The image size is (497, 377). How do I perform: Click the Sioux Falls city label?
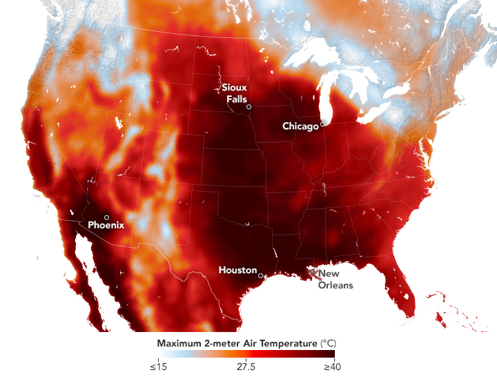pyautogui.click(x=234, y=93)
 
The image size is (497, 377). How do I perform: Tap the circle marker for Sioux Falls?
pyautogui.click(x=249, y=107)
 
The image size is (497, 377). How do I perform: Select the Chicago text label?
pyautogui.click(x=301, y=126)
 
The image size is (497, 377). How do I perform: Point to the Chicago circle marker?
pyautogui.click(x=322, y=125)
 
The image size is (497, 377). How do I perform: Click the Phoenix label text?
pyautogui.click(x=106, y=225)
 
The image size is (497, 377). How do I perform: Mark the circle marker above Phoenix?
pyautogui.click(x=106, y=217)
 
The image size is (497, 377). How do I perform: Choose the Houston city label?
pyautogui.click(x=237, y=270)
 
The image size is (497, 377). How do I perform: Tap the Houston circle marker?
pyautogui.click(x=260, y=275)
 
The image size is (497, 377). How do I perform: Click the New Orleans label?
pyautogui.click(x=335, y=279)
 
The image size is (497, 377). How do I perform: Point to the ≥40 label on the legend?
pyautogui.click(x=333, y=367)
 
